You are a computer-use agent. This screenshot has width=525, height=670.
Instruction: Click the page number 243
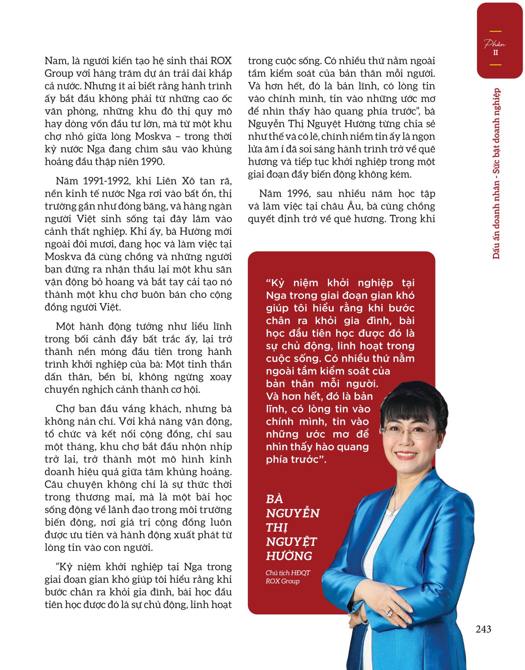click(x=483, y=629)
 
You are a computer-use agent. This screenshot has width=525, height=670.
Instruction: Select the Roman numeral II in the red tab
click(x=495, y=52)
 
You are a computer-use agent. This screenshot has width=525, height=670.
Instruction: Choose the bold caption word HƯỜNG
click(x=289, y=556)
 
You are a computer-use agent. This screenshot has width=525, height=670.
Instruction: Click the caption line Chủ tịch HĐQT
click(x=283, y=573)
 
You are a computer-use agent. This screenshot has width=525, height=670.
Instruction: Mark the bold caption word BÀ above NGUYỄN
click(x=275, y=499)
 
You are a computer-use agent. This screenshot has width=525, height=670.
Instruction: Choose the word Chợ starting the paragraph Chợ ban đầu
click(x=65, y=409)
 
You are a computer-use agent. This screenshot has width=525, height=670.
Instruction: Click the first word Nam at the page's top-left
click(x=56, y=61)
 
